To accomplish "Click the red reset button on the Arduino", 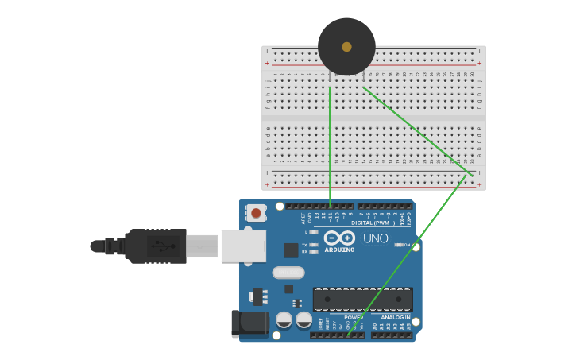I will [256, 213].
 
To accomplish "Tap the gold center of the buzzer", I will [346, 47].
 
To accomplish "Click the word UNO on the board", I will [375, 238].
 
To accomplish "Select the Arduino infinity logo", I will [339, 238].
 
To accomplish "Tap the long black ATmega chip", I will [362, 300].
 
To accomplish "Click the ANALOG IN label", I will [395, 317].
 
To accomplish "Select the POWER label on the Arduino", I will [353, 317].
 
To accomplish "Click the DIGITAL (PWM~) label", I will [373, 223].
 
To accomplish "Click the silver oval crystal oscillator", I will [288, 273].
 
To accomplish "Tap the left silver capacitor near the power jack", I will [284, 319].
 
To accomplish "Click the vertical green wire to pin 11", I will [330, 143].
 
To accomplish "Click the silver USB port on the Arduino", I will [242, 246].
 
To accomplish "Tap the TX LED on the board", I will [314, 245].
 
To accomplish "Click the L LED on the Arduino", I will [314, 232].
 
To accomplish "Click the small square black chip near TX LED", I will [291, 250].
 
